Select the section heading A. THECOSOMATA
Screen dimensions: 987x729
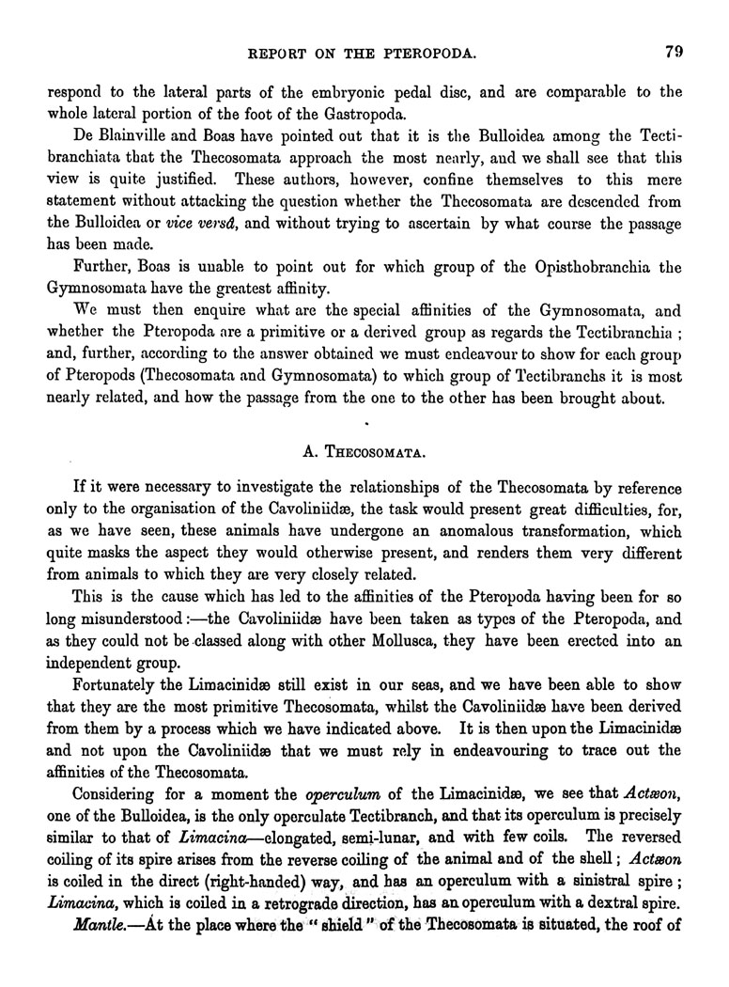[364, 450]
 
